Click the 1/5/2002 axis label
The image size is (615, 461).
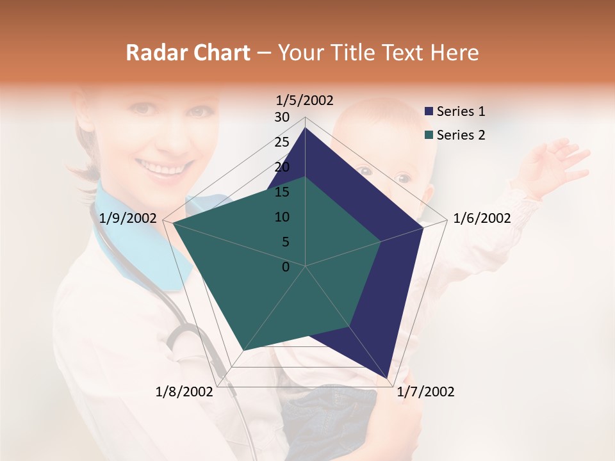pyautogui.click(x=304, y=100)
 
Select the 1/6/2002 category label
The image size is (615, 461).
pyautogui.click(x=482, y=218)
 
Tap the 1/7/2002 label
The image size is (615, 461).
pyautogui.click(x=425, y=392)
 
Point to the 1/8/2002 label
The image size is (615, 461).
pyautogui.click(x=184, y=392)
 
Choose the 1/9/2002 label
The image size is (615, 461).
pyautogui.click(x=128, y=218)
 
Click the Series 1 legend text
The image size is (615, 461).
pyautogui.click(x=461, y=111)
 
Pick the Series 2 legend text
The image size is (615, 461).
pyautogui.click(x=461, y=135)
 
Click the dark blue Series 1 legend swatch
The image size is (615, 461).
pyautogui.click(x=429, y=112)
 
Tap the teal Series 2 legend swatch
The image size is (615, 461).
pyautogui.click(x=429, y=135)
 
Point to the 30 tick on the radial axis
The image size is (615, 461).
pyautogui.click(x=282, y=117)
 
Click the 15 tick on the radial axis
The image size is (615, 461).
pyautogui.click(x=282, y=192)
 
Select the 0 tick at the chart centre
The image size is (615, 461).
pyautogui.click(x=286, y=267)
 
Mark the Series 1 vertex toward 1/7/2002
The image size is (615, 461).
pyautogui.click(x=388, y=378)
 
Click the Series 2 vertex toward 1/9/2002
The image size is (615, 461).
pyautogui.click(x=174, y=224)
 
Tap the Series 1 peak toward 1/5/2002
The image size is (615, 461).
pyautogui.click(x=305, y=128)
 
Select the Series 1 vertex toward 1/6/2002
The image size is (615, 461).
pyautogui.click(x=423, y=227)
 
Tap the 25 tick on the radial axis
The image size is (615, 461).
pyautogui.click(x=282, y=142)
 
